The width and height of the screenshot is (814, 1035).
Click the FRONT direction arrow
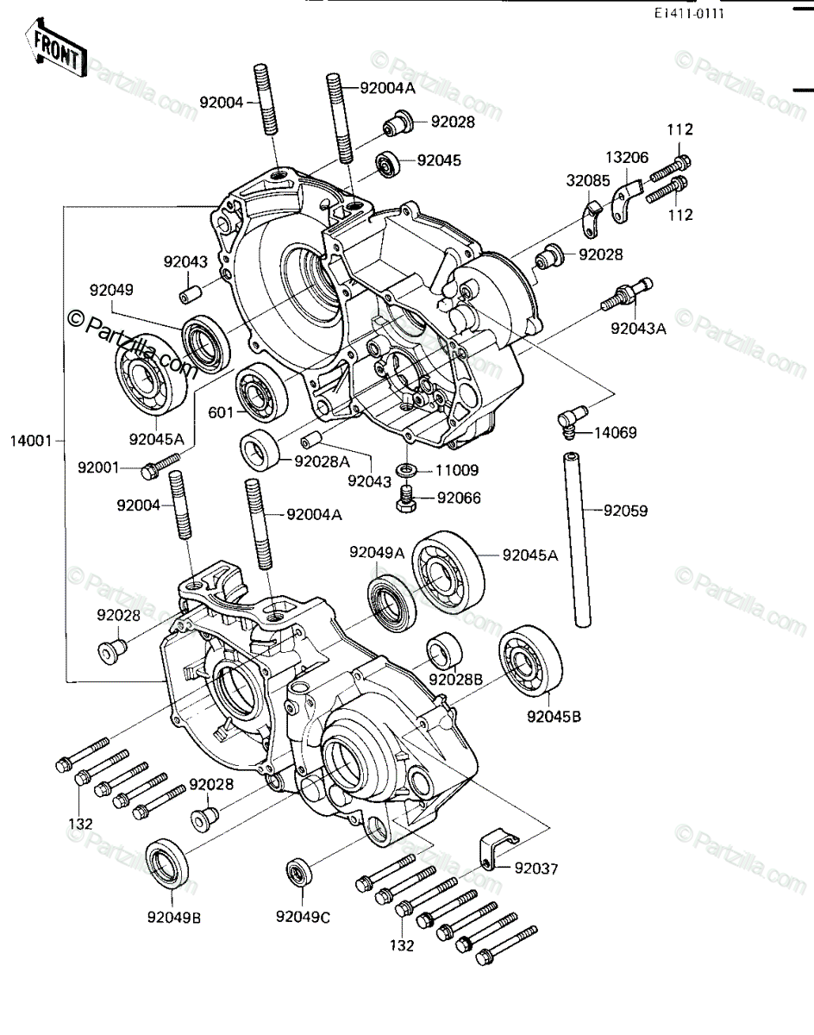(x=56, y=47)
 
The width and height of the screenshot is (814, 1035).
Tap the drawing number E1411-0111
(x=688, y=14)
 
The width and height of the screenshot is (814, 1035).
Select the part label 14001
(x=31, y=441)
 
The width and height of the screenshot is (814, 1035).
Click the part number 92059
(x=625, y=511)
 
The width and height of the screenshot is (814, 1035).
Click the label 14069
(x=616, y=433)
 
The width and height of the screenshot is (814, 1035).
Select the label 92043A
(x=638, y=329)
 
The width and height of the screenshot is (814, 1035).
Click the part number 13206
(x=627, y=157)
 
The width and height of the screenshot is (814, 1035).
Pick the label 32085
(x=587, y=181)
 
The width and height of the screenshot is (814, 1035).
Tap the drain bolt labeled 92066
(x=407, y=499)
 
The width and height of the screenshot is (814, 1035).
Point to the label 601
(x=221, y=412)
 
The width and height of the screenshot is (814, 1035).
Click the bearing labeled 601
(x=261, y=391)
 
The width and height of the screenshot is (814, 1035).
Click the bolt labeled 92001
(x=160, y=466)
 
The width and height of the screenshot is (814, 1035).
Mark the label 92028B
(x=455, y=680)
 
